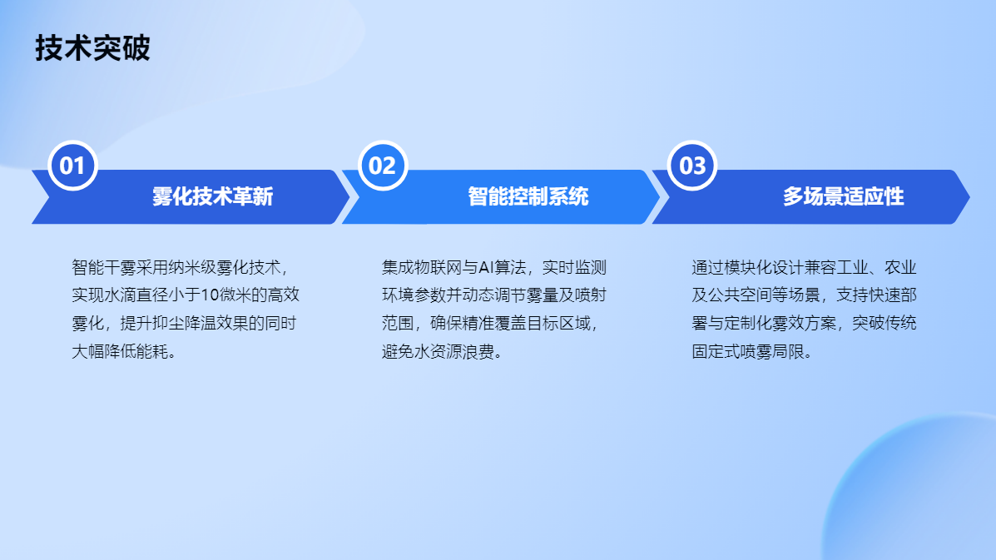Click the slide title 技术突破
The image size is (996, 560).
point(92,48)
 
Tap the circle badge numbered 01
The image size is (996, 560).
point(72,166)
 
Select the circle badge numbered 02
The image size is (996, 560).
point(383,166)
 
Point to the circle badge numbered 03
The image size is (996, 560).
point(692,166)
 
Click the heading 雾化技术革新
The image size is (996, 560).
point(213,196)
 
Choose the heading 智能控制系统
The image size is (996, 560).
point(528,196)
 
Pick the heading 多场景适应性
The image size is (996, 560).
point(844,196)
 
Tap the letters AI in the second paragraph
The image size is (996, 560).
point(486,267)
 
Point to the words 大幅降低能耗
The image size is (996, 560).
point(120,351)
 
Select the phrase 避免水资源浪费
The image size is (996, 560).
point(438,351)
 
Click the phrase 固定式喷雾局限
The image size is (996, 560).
point(748,351)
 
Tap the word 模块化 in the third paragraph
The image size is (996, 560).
point(748,267)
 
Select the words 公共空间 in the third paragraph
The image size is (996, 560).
point(740,295)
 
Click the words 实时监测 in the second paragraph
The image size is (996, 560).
point(575,267)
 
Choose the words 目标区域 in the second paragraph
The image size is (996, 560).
point(558,323)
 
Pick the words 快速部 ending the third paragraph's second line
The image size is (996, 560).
point(893,295)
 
